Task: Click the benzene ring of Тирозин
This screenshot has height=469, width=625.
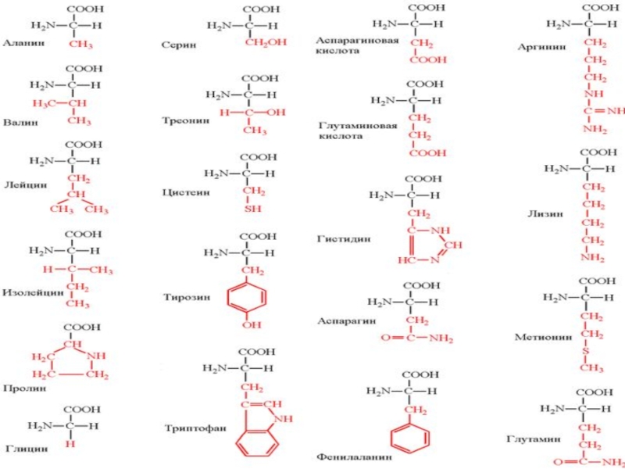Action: pos(246,297)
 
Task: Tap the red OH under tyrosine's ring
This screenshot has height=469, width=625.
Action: pos(246,324)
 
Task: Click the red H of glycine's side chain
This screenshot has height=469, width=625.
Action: pos(70,443)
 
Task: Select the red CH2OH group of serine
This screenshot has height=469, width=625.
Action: pos(260,42)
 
